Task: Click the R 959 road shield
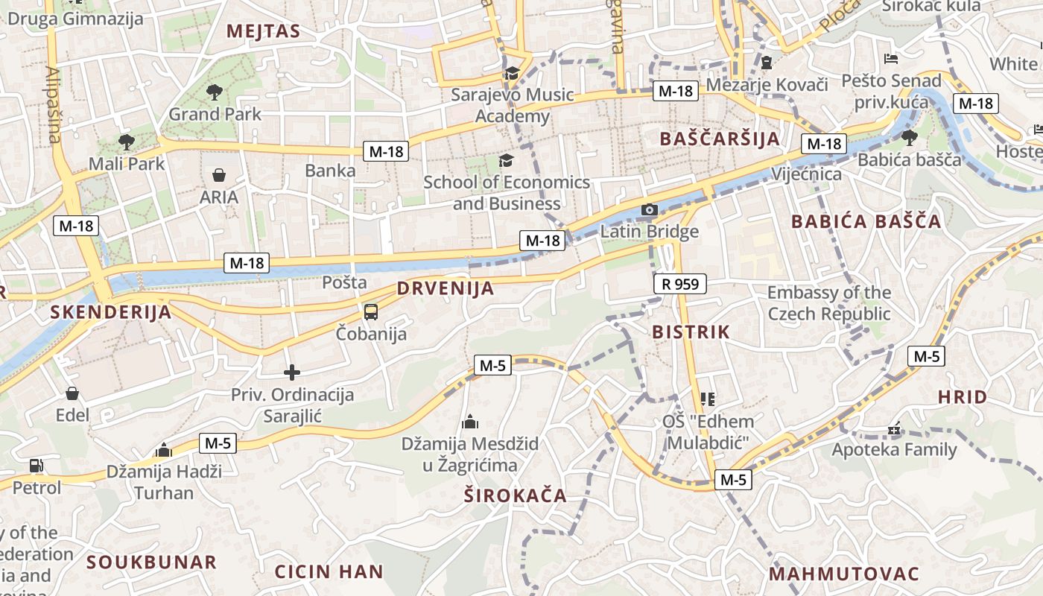click(680, 284)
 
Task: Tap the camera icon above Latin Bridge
click(650, 210)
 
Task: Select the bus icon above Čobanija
click(371, 312)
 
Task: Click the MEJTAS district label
click(263, 31)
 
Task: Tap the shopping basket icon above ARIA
click(219, 176)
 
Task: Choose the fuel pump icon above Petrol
click(36, 466)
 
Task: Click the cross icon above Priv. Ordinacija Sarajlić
click(292, 372)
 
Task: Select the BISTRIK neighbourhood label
click(691, 332)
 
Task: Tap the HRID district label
click(962, 397)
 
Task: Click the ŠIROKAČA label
click(515, 495)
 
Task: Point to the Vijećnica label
click(806, 174)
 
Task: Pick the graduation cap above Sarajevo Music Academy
click(512, 74)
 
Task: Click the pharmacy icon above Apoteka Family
click(894, 429)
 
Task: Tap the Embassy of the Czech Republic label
click(828, 302)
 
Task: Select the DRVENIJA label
click(446, 288)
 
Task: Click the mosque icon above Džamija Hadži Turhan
click(164, 450)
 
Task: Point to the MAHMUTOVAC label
click(844, 574)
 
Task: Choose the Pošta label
click(344, 282)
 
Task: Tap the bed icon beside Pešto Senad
click(890, 59)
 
